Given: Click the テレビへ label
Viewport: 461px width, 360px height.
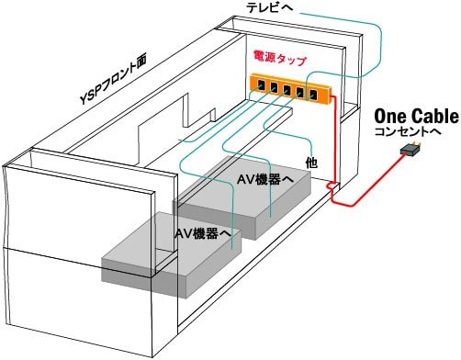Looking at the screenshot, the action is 270,7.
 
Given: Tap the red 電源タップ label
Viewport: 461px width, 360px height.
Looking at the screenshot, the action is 279,58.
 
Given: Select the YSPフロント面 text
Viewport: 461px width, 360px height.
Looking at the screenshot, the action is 114,79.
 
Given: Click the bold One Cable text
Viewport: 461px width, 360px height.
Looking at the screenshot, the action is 417,117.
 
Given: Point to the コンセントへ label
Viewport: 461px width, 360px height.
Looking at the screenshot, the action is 408,132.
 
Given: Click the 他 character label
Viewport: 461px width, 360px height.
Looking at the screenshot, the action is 311,163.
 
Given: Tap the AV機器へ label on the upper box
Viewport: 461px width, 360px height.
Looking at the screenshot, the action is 265,180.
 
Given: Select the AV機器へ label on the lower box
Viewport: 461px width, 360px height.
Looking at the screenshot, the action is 203,234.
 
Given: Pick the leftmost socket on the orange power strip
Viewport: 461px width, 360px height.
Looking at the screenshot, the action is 261,84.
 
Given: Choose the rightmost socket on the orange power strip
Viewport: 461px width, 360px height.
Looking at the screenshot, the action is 313,95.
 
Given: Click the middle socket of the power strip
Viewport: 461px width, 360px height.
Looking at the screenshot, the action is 287,90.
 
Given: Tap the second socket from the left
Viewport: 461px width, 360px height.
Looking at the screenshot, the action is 274,87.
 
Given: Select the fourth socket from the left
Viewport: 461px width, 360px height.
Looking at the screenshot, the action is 300,92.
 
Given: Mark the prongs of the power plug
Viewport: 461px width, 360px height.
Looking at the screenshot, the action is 418,143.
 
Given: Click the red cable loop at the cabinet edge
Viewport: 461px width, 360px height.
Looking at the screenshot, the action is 332,186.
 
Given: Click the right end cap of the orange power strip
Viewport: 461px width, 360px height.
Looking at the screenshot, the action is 331,96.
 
